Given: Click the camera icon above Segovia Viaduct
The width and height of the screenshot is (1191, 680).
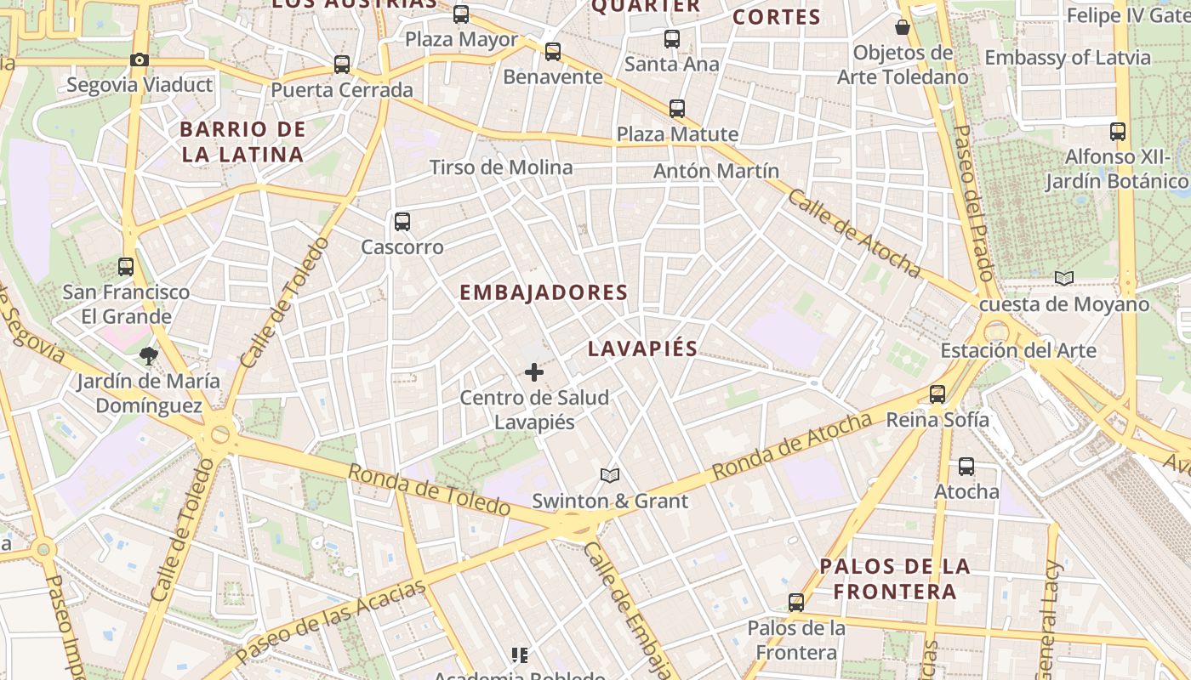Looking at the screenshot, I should point(140,59).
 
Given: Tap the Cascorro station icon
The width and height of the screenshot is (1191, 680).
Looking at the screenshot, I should point(402,222).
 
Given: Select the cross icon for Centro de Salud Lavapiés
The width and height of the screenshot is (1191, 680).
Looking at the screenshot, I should point(534,372).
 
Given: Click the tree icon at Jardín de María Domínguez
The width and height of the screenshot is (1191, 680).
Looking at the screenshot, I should point(149,356).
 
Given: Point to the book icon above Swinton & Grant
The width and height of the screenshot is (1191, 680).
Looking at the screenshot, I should point(610,475).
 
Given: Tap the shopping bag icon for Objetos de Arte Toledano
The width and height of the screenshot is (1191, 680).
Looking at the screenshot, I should point(903,28).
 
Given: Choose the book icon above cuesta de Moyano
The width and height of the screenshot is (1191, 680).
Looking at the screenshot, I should point(1064,278).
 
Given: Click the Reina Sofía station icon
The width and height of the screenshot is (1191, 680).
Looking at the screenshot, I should point(937,394).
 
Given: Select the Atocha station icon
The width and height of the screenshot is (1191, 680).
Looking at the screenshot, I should point(966,466).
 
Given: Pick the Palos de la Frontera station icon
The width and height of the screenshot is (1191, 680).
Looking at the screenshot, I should point(796,603).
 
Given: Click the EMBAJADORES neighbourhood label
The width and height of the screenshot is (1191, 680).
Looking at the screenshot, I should point(544,292).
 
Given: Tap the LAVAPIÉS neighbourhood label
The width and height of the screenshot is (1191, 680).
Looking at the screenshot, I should point(642,348).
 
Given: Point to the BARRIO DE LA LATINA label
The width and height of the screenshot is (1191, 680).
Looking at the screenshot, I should point(242,142).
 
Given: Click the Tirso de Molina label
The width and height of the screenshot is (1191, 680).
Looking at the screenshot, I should point(501,167).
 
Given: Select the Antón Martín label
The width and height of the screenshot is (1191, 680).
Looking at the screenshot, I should point(716,171).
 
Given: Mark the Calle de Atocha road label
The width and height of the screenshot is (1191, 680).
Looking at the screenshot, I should point(853,233).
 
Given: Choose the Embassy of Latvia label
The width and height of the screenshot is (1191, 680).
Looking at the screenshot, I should point(1068,58).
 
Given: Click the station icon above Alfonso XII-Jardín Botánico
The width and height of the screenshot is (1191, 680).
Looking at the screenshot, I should point(1118,132).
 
